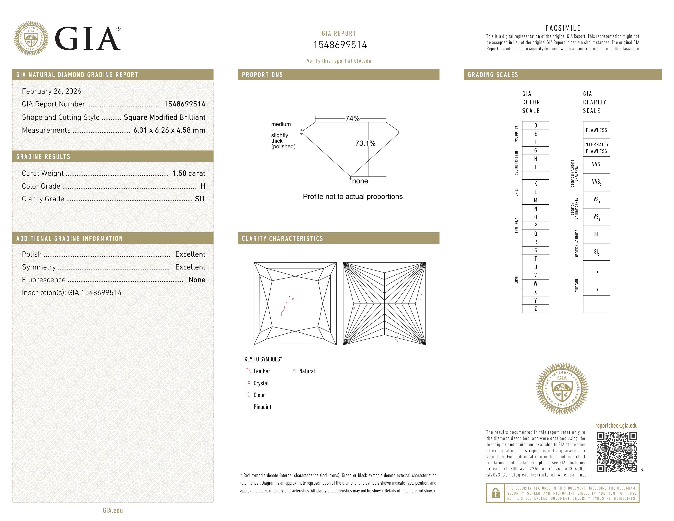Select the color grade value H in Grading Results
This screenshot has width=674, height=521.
(203, 186)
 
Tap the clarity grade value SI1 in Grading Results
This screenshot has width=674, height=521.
(200, 199)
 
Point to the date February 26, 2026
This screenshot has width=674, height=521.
(51, 91)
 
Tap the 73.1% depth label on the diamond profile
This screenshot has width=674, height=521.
(365, 143)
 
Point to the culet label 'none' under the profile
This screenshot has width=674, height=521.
(360, 181)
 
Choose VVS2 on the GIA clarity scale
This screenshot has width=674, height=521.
(596, 182)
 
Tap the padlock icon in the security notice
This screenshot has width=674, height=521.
(495, 493)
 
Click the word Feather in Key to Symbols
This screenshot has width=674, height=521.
(261, 371)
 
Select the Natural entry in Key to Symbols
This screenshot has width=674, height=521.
(307, 371)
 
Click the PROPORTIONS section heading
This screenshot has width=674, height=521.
(262, 75)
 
